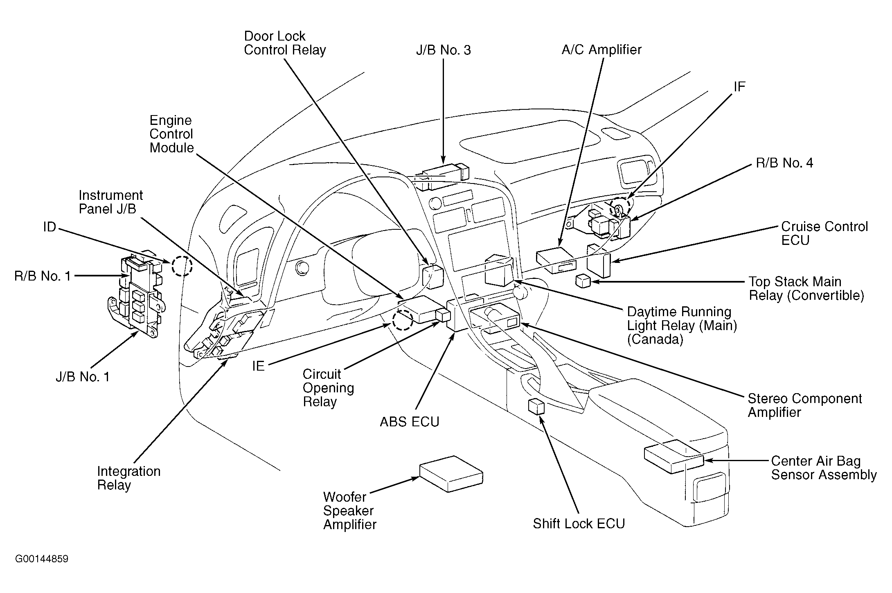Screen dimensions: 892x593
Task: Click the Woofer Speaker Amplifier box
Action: click(x=451, y=473)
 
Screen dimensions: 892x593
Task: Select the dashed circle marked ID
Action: click(x=182, y=266)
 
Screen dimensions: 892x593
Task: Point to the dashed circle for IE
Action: click(x=403, y=320)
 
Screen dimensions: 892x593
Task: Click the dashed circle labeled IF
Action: click(x=620, y=207)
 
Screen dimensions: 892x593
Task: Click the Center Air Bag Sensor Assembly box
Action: click(x=674, y=456)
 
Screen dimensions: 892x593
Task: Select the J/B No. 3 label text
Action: click(x=443, y=50)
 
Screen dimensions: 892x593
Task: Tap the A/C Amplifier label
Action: click(x=601, y=50)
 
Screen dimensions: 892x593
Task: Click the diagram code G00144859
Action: click(x=42, y=559)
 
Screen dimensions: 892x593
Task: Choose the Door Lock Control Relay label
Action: click(x=285, y=43)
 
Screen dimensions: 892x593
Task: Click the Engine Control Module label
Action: click(x=171, y=134)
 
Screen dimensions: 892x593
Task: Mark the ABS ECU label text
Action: click(x=410, y=422)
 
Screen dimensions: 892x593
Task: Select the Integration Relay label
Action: click(x=129, y=478)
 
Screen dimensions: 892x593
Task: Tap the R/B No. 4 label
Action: click(x=784, y=163)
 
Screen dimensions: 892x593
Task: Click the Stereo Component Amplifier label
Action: click(x=804, y=405)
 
